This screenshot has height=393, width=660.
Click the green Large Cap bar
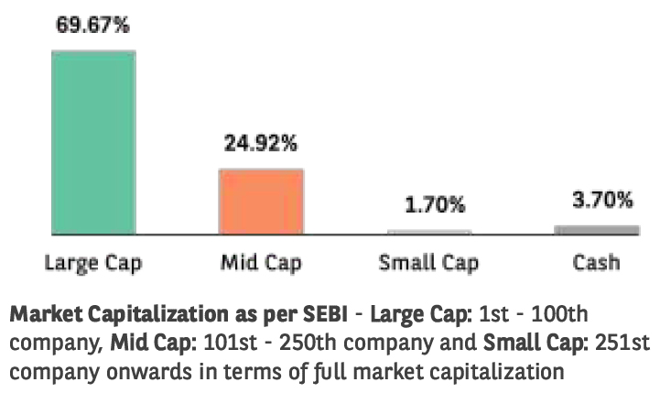coord(92,142)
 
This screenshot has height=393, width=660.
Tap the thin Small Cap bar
coord(428,232)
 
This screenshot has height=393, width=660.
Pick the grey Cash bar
coord(596,229)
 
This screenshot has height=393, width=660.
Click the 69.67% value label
coord(92,25)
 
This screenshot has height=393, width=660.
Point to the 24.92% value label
coord(261,144)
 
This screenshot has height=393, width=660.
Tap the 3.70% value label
coord(596,200)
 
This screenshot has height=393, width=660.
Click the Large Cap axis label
coord(93,264)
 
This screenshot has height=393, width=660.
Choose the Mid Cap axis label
coord(260,264)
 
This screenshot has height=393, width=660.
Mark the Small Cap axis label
coord(429,264)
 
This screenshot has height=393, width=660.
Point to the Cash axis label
coord(596,263)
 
